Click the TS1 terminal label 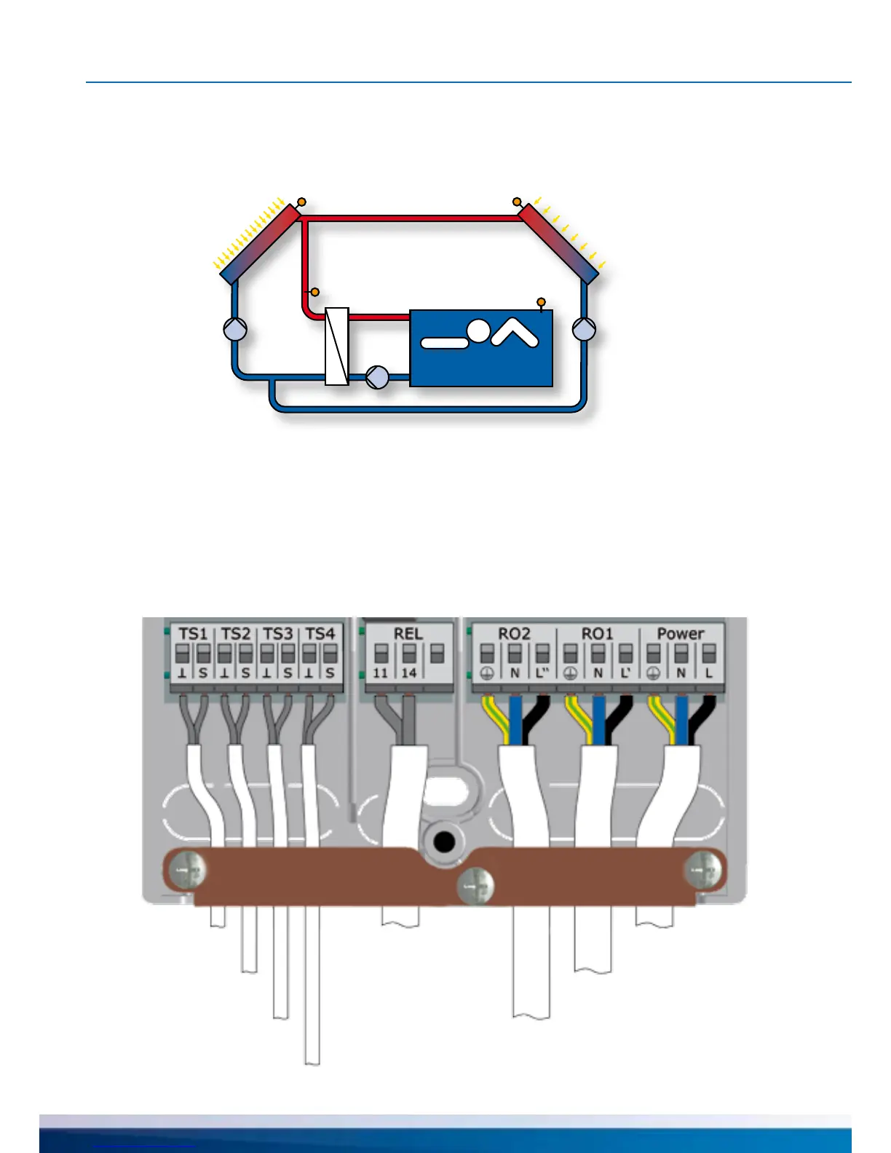193,634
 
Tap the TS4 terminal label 320,634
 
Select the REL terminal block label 408,634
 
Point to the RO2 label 514,634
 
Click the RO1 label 597,634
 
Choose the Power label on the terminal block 681,634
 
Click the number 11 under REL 381,673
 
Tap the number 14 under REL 409,673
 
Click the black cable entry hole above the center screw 443,843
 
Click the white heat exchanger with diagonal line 336,346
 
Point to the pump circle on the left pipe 235,330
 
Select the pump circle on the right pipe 584,330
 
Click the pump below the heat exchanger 377,376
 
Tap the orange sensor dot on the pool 540,302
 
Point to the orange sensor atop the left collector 302,202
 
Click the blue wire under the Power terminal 682,721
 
